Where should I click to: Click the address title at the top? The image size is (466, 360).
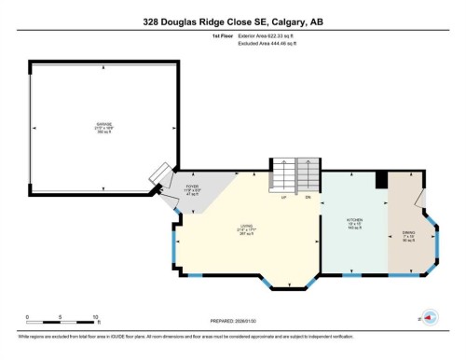tap(233, 21)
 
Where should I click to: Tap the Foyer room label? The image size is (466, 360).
tap(193, 190)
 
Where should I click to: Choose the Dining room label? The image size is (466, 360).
tap(408, 235)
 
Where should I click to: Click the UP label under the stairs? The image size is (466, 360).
tap(282, 197)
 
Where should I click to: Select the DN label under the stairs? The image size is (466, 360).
tap(308, 197)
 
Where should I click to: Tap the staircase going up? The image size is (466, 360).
tap(282, 175)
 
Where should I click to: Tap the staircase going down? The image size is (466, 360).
tap(308, 174)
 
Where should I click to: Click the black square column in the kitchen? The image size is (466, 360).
tap(380, 181)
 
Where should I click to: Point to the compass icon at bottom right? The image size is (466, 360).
tap(430, 316)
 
